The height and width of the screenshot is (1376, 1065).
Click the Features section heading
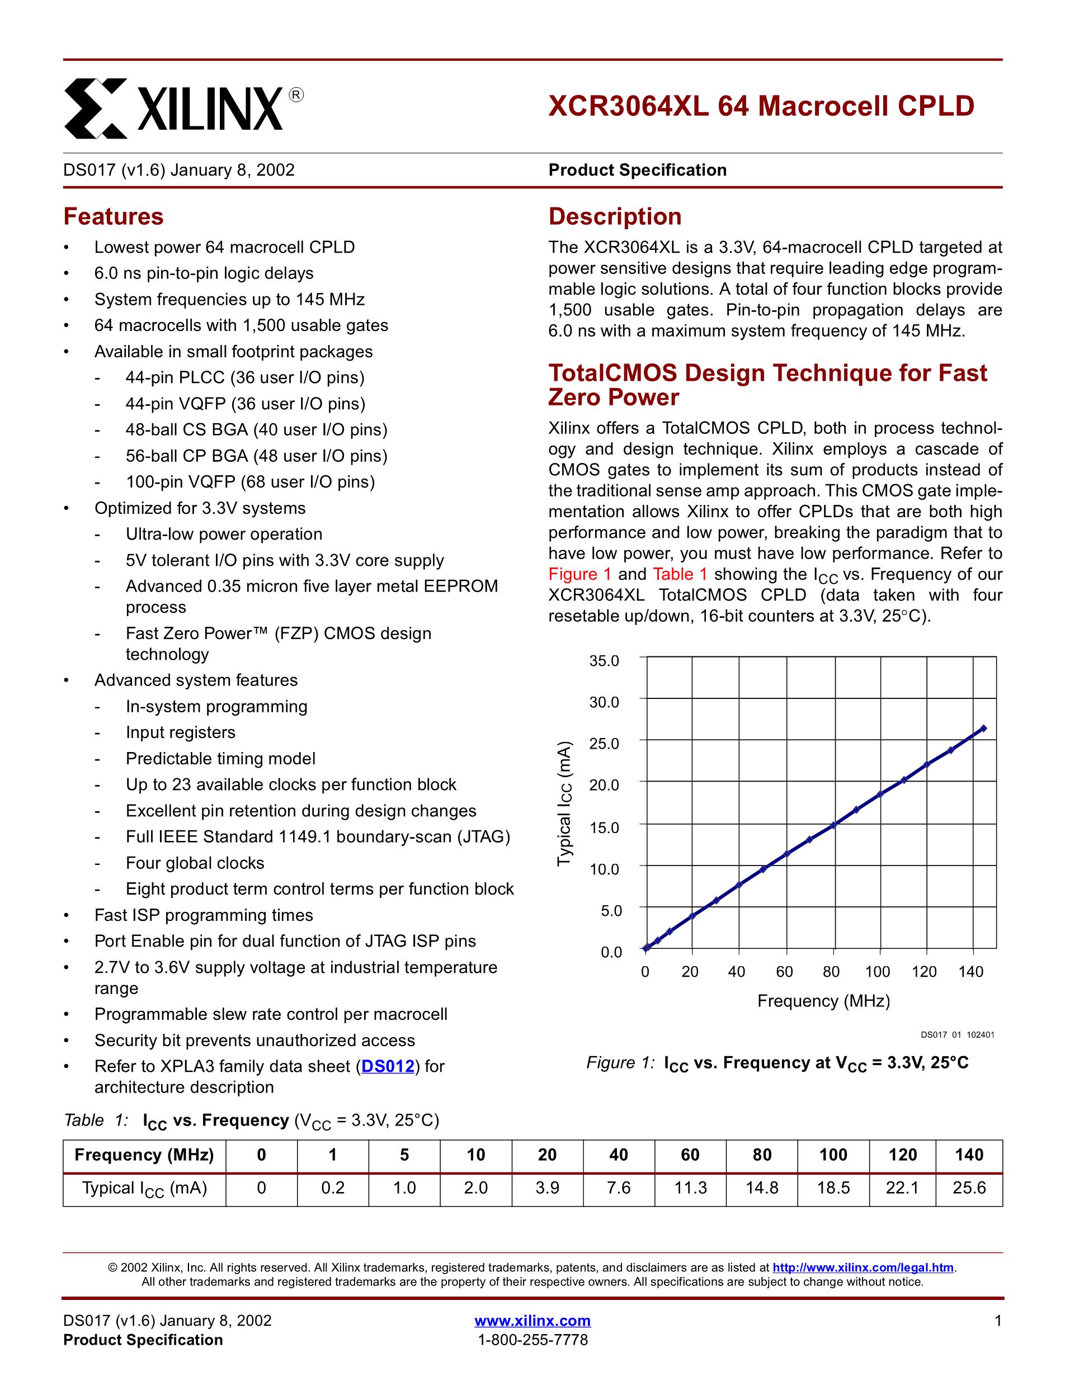[x=114, y=217]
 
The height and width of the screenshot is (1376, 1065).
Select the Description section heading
[x=615, y=217]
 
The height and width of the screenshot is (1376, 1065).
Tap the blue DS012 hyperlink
[x=388, y=1067]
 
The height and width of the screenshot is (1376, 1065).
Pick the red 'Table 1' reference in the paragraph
[x=680, y=575]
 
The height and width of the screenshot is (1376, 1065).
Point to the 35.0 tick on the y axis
[x=604, y=661]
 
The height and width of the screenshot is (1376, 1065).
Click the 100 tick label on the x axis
[x=877, y=972]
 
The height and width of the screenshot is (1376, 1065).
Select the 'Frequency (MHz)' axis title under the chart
[x=824, y=1001]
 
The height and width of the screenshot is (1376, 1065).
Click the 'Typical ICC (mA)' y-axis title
[x=566, y=804]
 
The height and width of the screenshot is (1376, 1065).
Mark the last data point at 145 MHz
[x=983, y=729]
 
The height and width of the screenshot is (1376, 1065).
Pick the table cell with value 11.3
[x=690, y=1188]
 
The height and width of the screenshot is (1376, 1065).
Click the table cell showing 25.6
[x=969, y=1188]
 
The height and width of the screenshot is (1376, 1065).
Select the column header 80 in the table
[x=762, y=1155]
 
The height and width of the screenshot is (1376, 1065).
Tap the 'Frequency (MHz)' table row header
[x=144, y=1155]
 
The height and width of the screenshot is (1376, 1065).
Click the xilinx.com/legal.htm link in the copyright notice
[x=863, y=1268]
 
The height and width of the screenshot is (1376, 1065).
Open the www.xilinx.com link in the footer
[x=532, y=1321]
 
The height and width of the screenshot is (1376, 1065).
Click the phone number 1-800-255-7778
[x=532, y=1340]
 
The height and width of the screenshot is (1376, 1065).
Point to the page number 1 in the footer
[x=997, y=1321]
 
